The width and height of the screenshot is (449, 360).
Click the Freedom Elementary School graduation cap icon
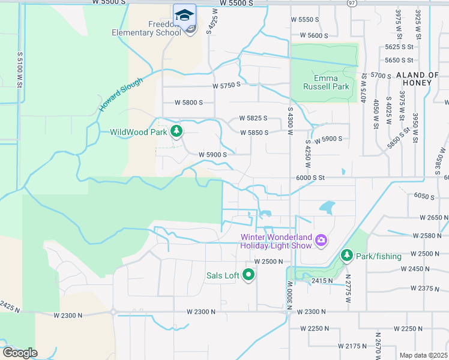[185, 16]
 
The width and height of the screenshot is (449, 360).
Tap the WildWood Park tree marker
[176, 131]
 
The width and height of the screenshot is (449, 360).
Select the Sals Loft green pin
[249, 275]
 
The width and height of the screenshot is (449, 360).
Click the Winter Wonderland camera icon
[321, 241]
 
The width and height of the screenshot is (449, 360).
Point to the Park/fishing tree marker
[346, 256]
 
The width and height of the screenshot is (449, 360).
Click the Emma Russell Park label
[331, 82]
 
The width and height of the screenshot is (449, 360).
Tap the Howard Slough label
[121, 95]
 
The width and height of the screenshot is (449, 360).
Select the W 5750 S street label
[226, 85]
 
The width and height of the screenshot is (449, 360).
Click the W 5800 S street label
[188, 103]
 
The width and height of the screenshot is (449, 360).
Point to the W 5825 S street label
[253, 118]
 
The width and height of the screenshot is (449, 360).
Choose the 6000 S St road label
[310, 178]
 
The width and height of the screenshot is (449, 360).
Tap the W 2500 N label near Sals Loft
[268, 262]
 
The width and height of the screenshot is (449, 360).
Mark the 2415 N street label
[322, 280]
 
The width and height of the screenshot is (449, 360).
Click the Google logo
[20, 353]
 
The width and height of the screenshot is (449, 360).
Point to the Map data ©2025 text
[423, 355]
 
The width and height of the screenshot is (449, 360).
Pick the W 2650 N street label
[430, 217]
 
